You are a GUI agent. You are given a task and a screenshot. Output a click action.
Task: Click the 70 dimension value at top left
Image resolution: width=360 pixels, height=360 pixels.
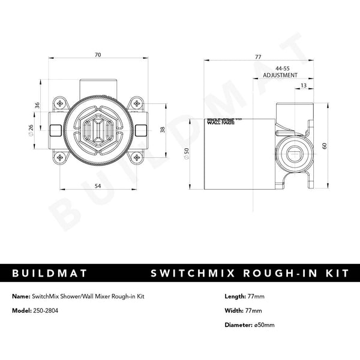click(97, 55)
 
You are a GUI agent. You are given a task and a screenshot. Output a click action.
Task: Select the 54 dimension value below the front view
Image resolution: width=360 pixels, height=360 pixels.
click(97, 187)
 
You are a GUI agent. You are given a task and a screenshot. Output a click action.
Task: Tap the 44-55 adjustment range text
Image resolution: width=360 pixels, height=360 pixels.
click(280, 69)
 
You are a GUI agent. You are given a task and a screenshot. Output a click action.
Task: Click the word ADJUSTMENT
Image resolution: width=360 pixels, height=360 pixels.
click(280, 76)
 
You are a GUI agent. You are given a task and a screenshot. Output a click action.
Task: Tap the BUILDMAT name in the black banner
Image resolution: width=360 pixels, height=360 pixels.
click(50, 273)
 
